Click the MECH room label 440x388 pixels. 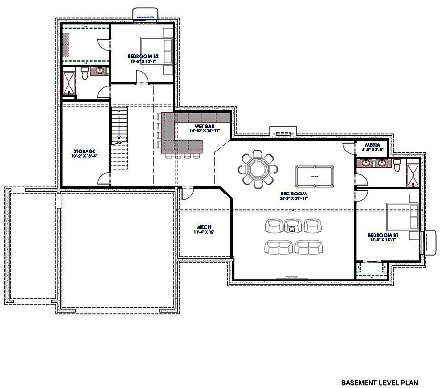203,227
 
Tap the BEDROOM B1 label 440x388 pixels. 384,235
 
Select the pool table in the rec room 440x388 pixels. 313,173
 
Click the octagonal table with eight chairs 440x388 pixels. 256,169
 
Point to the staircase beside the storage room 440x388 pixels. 120,139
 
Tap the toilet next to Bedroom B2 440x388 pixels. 85,74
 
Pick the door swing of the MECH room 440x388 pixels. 187,194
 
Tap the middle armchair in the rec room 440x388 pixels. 292,226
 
